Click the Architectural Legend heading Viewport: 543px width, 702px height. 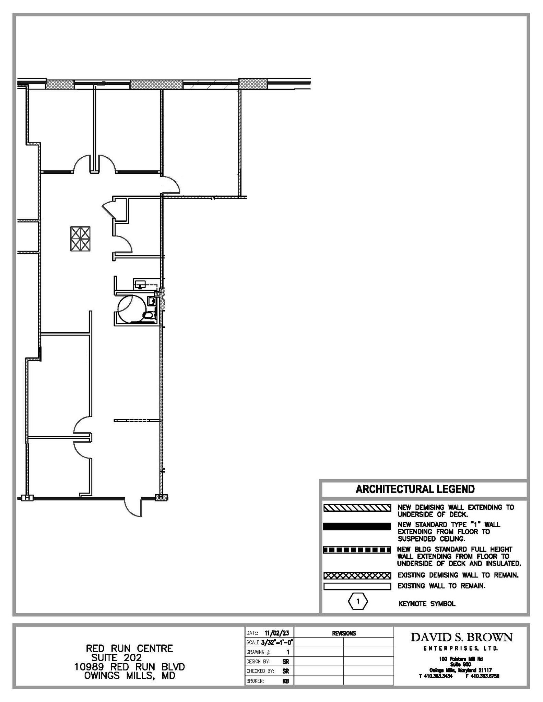click(x=415, y=489)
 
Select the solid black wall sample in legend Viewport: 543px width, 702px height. click(x=357, y=526)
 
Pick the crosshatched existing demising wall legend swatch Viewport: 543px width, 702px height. click(x=357, y=576)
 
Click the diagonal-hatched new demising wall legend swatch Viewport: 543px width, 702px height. click(x=357, y=508)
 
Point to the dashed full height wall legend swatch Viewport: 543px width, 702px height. click(x=357, y=550)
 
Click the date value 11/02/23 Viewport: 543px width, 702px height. click(x=276, y=633)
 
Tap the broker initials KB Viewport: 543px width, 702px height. click(x=285, y=681)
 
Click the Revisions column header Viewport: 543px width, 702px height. click(x=344, y=633)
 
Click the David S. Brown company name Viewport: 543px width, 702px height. click(x=461, y=638)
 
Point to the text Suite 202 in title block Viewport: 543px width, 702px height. click(x=116, y=657)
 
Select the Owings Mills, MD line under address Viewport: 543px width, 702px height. click(x=130, y=676)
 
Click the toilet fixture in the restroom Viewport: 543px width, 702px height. click(x=148, y=315)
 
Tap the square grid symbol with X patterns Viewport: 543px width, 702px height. click(x=80, y=239)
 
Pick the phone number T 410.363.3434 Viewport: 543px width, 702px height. click(x=435, y=676)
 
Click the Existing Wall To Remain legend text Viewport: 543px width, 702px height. click(x=441, y=586)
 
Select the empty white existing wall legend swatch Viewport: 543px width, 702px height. click(x=357, y=586)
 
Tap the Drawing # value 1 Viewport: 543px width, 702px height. click(x=288, y=652)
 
